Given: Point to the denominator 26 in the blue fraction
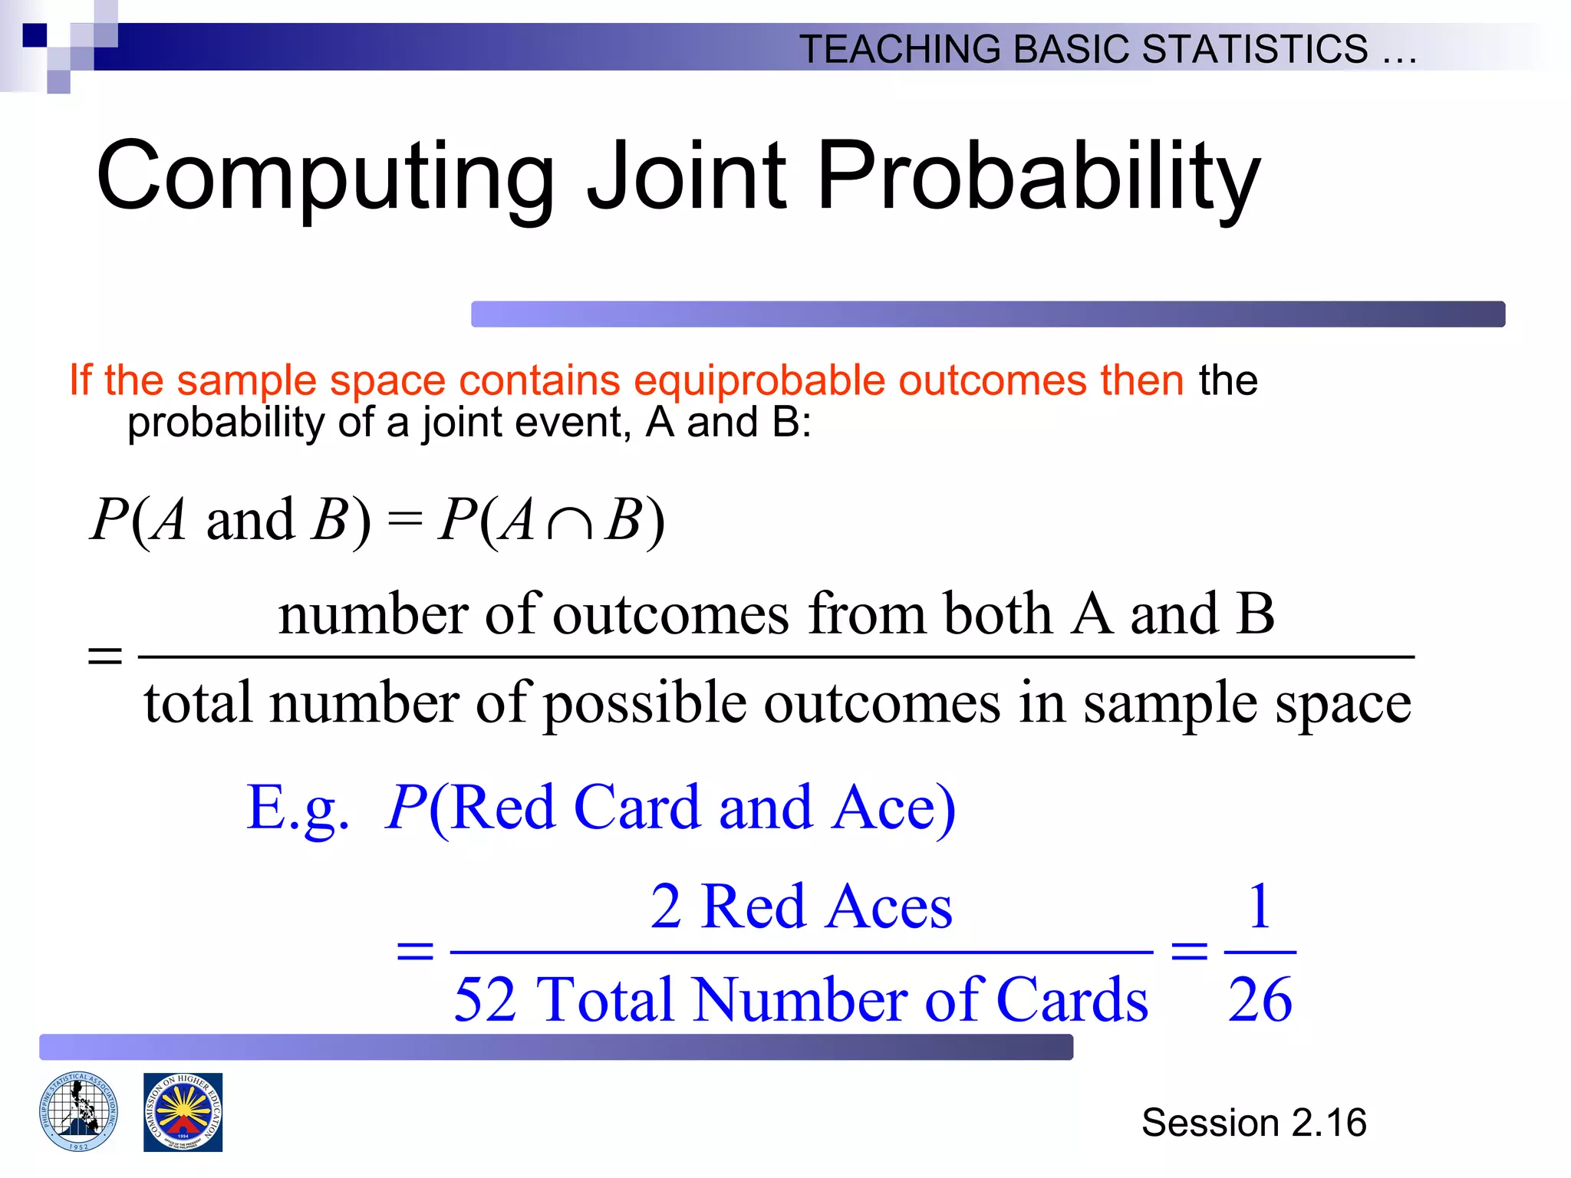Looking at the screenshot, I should [1260, 999].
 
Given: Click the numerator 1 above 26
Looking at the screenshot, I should [1260, 906].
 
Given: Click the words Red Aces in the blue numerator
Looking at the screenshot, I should [827, 907].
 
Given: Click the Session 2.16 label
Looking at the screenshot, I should [1253, 1123].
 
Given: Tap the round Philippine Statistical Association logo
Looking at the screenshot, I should [79, 1111].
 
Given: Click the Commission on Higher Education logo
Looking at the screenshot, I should [183, 1112].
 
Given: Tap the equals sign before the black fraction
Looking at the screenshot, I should [105, 656].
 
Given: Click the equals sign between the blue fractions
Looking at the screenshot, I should [1189, 952].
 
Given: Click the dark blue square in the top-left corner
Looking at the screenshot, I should [35, 35].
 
